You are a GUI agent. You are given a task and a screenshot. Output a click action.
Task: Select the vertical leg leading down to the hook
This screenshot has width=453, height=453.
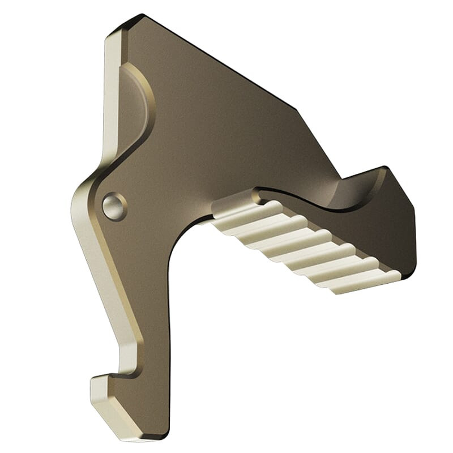pyautogui.click(x=147, y=317)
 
